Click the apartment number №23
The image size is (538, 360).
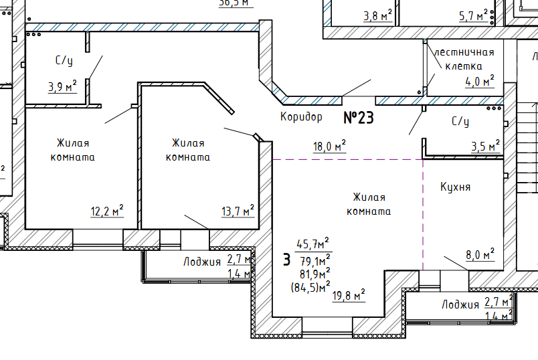[358, 118]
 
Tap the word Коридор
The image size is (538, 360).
[301, 117]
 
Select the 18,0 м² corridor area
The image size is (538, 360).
[329, 146]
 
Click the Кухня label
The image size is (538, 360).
[455, 187]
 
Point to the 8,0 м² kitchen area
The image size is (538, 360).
[480, 254]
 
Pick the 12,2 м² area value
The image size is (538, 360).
[107, 211]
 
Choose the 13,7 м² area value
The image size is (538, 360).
[238, 211]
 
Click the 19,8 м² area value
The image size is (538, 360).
[349, 294]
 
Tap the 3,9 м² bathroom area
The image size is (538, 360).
[62, 86]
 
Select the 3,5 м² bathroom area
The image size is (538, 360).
[485, 146]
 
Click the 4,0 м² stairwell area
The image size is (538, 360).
[479, 82]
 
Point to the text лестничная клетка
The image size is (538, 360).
[464, 59]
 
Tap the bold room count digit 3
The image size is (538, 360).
[286, 259]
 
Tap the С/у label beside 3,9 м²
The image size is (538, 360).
[64, 61]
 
